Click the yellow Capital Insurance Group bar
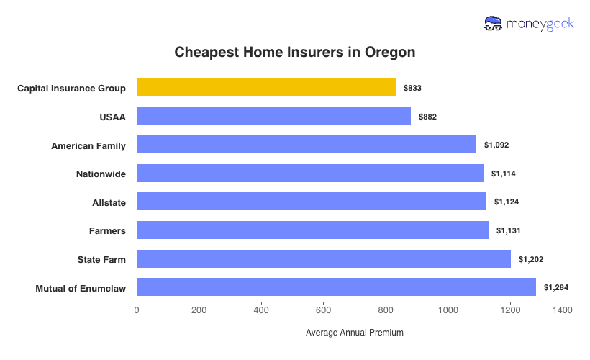tap(266, 88)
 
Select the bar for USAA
tap(273, 117)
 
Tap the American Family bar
tap(307, 145)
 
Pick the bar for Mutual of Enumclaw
tap(336, 287)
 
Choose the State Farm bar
tap(324, 258)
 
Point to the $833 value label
tap(412, 88)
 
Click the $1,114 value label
tap(504, 174)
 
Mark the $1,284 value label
tap(556, 287)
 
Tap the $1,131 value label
tap(509, 230)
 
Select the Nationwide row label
tap(101, 174)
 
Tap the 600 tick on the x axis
tap(324, 310)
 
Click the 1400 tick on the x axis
tap(563, 310)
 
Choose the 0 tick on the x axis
tap(137, 310)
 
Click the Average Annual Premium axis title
tap(355, 333)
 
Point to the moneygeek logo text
tap(540, 24)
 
